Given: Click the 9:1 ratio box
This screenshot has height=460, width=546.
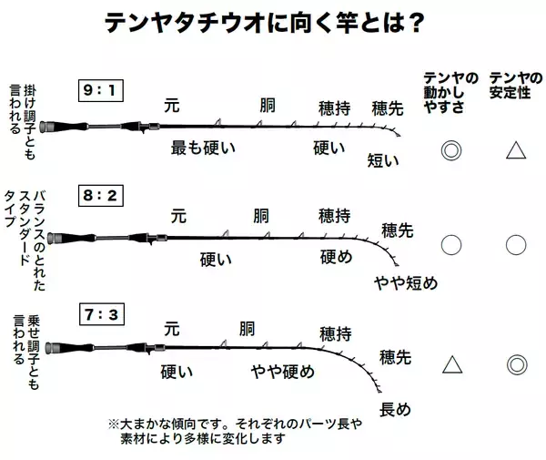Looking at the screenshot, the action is [x=101, y=90].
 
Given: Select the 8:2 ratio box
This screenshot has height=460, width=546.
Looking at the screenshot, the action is [x=101, y=196].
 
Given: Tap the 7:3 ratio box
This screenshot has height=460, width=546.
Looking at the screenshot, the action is [x=102, y=314].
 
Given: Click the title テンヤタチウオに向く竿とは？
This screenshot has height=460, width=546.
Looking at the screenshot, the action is [x=265, y=23].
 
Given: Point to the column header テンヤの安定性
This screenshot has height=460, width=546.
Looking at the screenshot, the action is [x=516, y=86].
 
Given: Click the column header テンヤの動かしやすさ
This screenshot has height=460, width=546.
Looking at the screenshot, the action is [x=450, y=92].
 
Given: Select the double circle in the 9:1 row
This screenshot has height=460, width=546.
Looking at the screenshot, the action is [x=451, y=150].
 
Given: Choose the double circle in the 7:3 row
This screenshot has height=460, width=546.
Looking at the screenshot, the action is [x=517, y=364].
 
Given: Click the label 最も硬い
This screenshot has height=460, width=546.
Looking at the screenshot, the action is [x=203, y=148].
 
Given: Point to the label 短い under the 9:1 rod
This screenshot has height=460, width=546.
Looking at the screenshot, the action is [x=383, y=160].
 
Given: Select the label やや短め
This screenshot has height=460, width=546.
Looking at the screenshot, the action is [x=406, y=283].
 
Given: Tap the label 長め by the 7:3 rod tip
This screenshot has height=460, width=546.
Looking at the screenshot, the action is [x=395, y=409].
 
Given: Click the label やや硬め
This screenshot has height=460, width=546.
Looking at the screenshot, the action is [x=282, y=372].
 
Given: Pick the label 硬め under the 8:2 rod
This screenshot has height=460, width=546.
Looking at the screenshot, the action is [x=336, y=257].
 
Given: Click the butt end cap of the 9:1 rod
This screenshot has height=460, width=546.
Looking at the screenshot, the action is [x=43, y=128].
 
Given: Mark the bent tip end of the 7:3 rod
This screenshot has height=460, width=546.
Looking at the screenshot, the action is [x=379, y=391].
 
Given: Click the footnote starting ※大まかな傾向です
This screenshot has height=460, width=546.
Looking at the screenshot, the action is [x=235, y=431].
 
